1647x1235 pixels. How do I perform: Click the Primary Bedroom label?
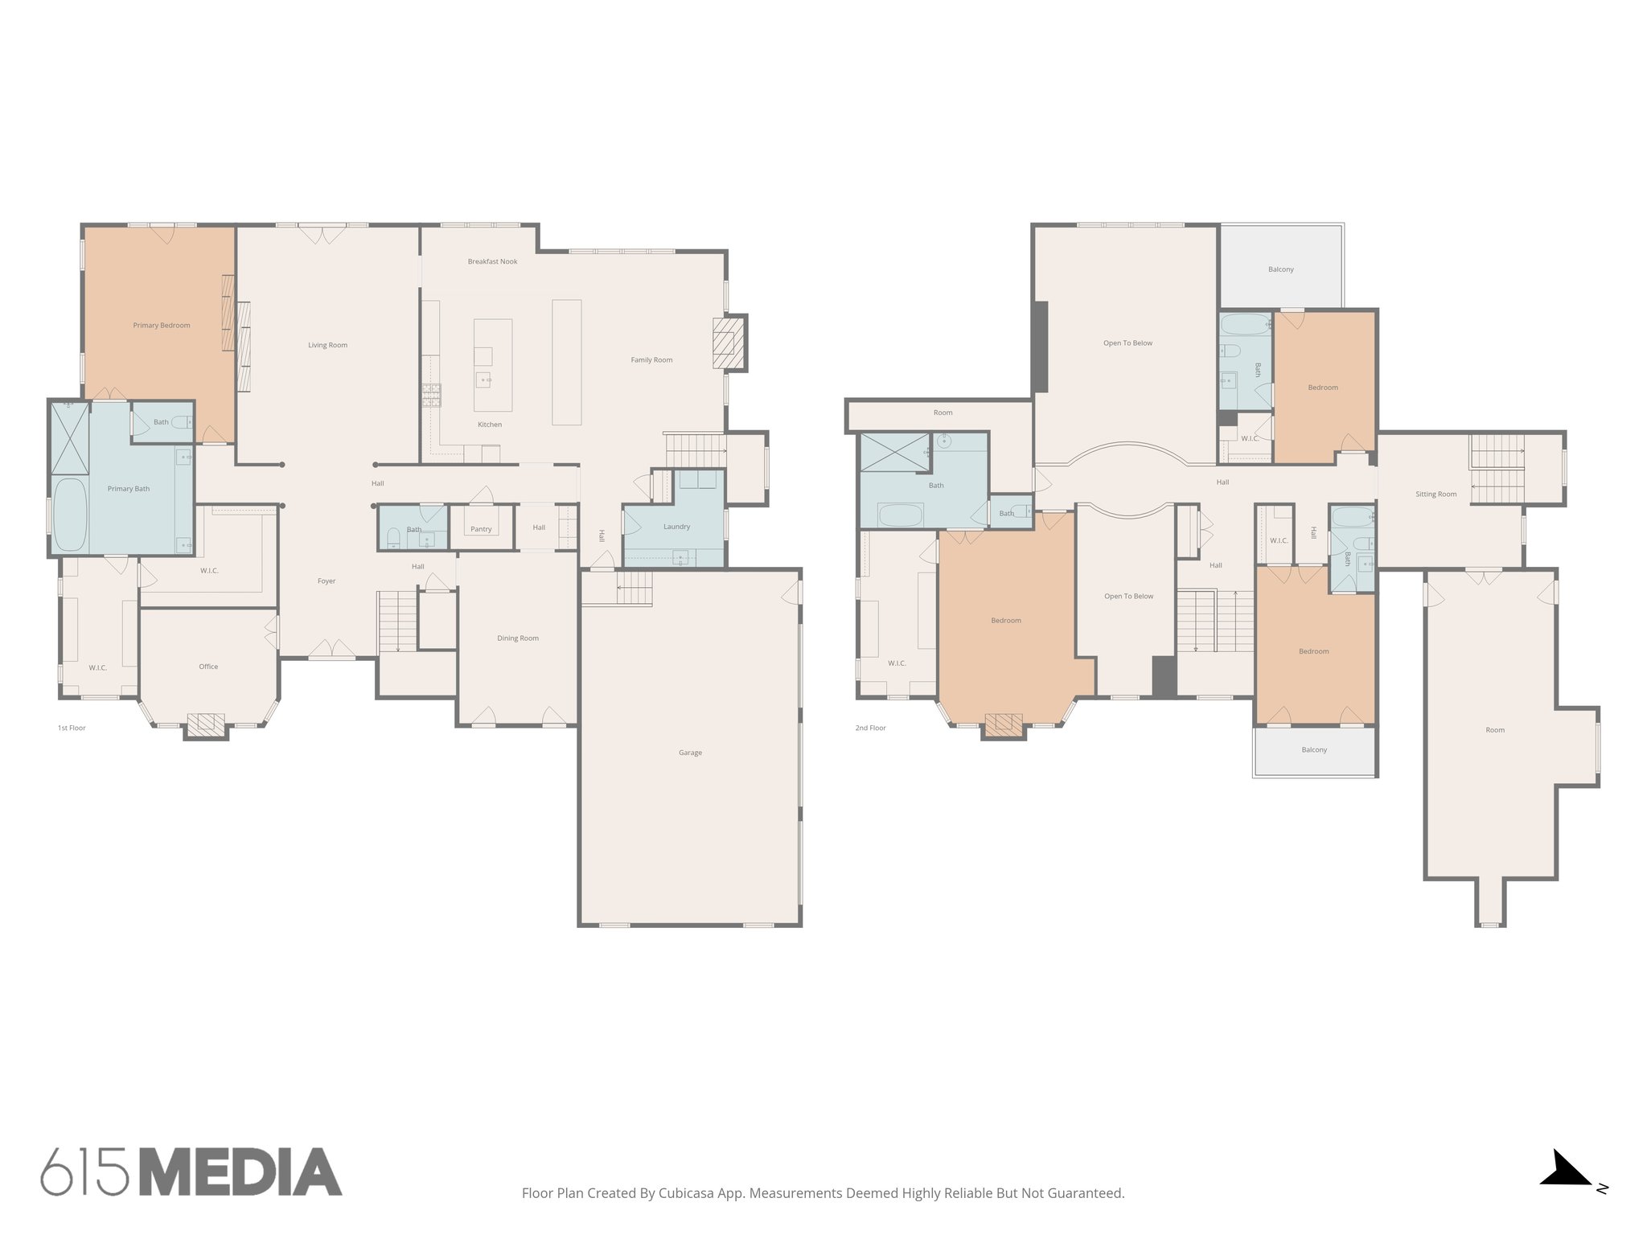click(x=162, y=326)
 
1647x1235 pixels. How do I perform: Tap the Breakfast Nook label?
click(x=492, y=261)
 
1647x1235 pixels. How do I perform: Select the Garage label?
click(x=690, y=753)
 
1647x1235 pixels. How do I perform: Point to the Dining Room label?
click(x=518, y=638)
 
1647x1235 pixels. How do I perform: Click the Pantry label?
click(x=481, y=529)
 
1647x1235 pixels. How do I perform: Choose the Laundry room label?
click(x=676, y=527)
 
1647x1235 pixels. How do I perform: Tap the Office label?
click(x=208, y=667)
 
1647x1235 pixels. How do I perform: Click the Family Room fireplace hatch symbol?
click(x=728, y=342)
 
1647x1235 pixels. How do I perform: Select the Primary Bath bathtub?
click(x=70, y=515)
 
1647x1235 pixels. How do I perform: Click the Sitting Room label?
click(x=1435, y=494)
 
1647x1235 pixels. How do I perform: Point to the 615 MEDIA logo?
click(x=191, y=1172)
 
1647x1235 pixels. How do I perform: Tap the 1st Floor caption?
click(x=72, y=728)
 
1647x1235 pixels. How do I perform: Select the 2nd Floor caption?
click(x=870, y=728)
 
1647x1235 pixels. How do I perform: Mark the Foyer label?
click(x=326, y=581)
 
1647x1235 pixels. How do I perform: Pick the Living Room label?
click(x=327, y=346)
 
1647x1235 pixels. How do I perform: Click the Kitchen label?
click(x=490, y=425)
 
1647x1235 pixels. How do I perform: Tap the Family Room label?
click(x=651, y=360)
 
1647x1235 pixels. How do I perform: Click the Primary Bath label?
click(x=129, y=489)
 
